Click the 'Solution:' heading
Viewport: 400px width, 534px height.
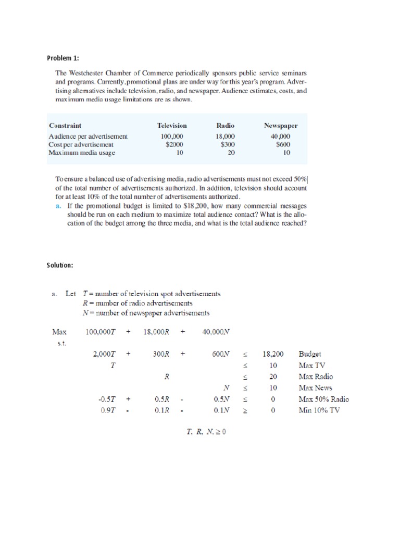60,265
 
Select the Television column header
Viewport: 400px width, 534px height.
172,126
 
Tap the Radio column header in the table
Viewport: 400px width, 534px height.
226,126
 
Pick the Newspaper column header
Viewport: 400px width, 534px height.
281,126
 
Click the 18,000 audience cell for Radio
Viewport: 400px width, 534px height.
226,137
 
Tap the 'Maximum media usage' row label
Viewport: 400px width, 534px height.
81,153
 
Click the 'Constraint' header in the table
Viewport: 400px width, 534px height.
65,126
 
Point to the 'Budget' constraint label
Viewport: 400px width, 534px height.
310,353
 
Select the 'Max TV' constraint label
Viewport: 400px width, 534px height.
312,365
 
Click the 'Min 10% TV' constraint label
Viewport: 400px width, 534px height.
318,410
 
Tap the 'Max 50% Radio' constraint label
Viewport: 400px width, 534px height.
324,399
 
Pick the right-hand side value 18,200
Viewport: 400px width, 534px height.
272,353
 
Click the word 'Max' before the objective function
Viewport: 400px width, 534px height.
59,331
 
